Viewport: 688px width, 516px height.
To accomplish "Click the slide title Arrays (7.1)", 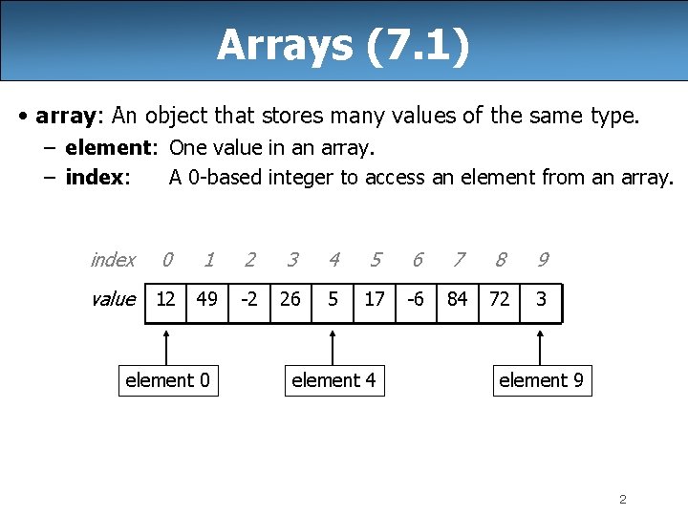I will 343,45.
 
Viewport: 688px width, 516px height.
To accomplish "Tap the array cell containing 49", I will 206,300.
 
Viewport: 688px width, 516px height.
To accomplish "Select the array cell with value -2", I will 248,300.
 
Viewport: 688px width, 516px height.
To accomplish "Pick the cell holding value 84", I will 458,300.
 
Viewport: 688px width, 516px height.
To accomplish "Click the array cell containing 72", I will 499,300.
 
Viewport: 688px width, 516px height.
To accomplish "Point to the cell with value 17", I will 375,300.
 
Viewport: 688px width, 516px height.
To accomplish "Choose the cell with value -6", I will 416,300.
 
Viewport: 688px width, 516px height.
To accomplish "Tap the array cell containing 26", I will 290,300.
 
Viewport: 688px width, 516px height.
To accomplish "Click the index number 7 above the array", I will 459,260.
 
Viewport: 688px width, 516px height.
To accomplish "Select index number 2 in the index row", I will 249,260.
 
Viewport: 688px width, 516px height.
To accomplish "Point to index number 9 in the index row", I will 542,260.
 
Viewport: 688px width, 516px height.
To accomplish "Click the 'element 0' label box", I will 167,380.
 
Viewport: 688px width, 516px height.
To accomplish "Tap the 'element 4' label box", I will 333,380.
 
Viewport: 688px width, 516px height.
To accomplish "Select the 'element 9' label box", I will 541,380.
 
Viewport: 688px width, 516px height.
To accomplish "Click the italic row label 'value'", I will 113,299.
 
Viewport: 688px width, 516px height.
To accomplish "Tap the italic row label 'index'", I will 113,260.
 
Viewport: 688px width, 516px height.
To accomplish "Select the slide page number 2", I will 622,499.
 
